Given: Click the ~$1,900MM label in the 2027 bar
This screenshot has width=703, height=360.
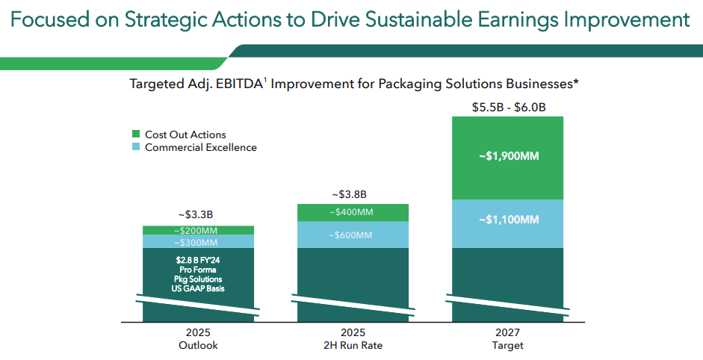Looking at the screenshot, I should point(508,157).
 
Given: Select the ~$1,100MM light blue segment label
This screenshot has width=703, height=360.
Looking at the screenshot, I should point(508,220).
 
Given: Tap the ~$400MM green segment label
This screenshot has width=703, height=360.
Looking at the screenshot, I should point(352,212).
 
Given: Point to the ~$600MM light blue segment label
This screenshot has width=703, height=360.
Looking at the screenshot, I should point(352,235).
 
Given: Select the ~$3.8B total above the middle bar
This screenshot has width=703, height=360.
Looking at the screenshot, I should point(352,194).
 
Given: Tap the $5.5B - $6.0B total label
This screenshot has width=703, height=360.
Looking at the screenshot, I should point(509,108).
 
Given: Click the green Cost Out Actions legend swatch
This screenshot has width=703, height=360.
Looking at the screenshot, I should point(136,134).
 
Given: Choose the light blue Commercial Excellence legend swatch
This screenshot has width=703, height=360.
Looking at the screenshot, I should point(136,147).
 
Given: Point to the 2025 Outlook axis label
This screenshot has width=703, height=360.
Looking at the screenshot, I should point(198,339).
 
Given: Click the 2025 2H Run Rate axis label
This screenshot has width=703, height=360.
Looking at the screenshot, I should point(352,339).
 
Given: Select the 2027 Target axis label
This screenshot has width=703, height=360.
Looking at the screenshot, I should point(508,339).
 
